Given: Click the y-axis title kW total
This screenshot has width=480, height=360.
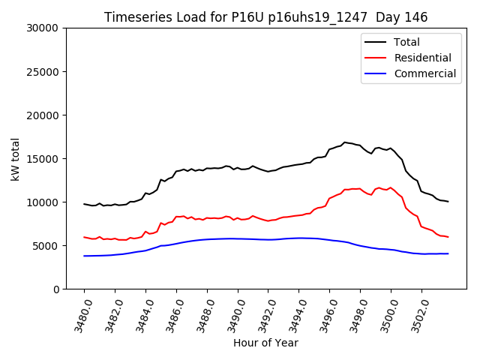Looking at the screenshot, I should coord(15,158).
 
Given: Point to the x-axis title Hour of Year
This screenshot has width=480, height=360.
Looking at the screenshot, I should coord(265,343).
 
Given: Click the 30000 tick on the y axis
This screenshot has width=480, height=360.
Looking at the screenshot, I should coord(42,28).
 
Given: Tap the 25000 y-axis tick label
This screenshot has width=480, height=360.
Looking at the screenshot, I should coord(42,71).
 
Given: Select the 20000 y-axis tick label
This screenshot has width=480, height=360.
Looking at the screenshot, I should coord(42,115).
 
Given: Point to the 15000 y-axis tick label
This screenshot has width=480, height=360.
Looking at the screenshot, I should coord(42,158).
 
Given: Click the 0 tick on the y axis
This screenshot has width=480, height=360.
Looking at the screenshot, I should coord(56,289).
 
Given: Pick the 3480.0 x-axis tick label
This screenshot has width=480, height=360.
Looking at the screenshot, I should coord(79,311).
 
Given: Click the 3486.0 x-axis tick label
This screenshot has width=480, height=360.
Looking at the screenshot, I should coord(171,311).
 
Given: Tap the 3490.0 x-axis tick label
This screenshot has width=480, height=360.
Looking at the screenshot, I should coord(232,311).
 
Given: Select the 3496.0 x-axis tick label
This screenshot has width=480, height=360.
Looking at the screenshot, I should coord(325,311).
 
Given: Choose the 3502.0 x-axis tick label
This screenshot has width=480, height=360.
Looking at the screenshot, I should coord(416,311).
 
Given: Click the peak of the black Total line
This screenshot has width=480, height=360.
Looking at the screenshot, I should coord(345,142).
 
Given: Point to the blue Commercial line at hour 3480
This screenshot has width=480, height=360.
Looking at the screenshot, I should coord(84,256).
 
